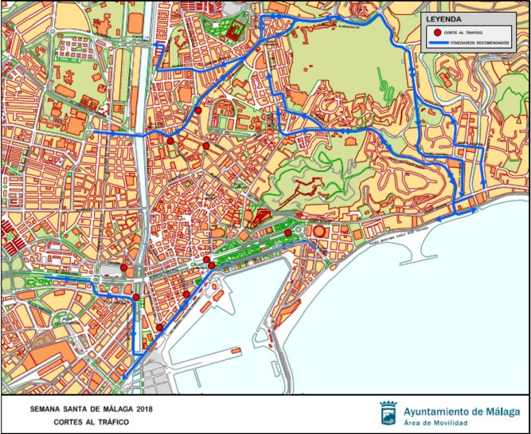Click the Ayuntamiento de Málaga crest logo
tap(389, 414)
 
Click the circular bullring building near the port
tap(319, 231)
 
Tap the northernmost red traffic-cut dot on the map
tap(197, 111)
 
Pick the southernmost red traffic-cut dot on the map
tap(160, 327)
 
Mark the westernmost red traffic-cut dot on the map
tap(124, 268)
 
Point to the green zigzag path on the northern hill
tap(383, 80)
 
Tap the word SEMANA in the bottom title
tap(47, 409)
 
